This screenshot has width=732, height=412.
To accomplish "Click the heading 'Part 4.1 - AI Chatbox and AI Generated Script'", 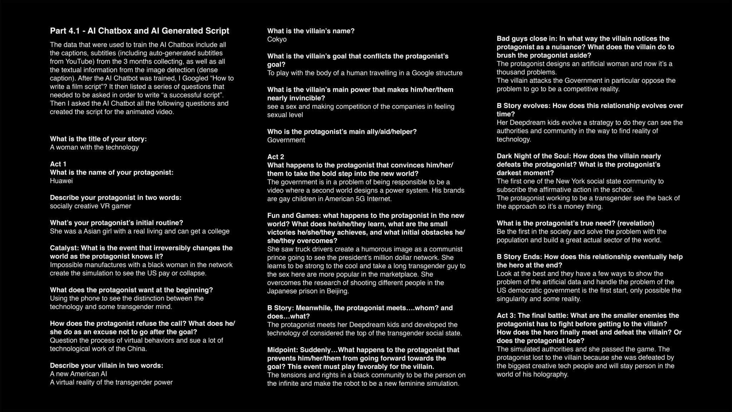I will point(139,31).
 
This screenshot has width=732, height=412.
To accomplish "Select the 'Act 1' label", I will point(58,164).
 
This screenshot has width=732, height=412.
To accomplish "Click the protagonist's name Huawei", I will point(61,181).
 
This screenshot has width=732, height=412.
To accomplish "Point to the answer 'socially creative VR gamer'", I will point(90,206).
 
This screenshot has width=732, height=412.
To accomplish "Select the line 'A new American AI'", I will point(79,374).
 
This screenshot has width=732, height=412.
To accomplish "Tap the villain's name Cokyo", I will point(277,39).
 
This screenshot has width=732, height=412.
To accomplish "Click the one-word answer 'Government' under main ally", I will point(286,140).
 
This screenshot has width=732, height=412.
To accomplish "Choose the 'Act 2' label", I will point(276,157).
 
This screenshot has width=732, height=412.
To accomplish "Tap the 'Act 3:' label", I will point(506,316).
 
